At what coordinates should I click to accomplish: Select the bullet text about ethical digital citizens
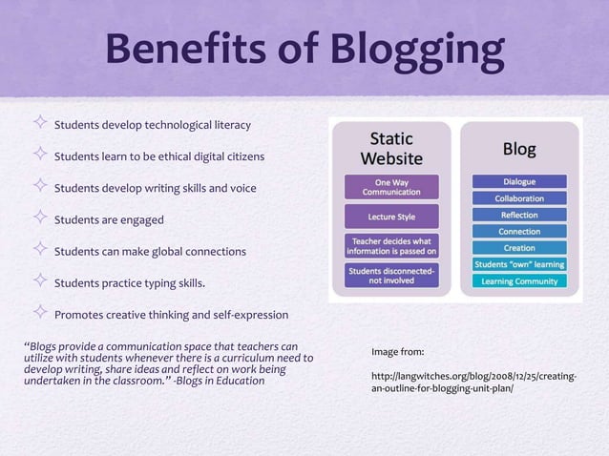pyautogui.click(x=158, y=156)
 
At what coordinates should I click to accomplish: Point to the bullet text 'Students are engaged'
pyautogui.click(x=109, y=220)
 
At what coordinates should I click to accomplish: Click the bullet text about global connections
pyautogui.click(x=150, y=252)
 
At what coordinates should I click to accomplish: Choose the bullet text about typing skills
pyautogui.click(x=129, y=283)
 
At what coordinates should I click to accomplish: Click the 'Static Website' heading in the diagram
pyautogui.click(x=391, y=148)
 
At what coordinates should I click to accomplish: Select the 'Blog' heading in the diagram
pyautogui.click(x=519, y=150)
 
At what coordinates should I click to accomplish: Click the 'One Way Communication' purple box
pyautogui.click(x=391, y=187)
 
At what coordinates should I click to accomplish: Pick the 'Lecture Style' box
pyautogui.click(x=391, y=217)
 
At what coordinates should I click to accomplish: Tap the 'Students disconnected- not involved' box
pyautogui.click(x=391, y=276)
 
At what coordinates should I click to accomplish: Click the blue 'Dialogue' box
pyautogui.click(x=519, y=181)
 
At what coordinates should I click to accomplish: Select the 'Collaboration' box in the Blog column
pyautogui.click(x=519, y=198)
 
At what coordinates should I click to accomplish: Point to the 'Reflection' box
pyautogui.click(x=519, y=215)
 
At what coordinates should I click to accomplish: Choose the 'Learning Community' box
pyautogui.click(x=519, y=281)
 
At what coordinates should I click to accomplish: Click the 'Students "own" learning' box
pyautogui.click(x=519, y=264)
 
